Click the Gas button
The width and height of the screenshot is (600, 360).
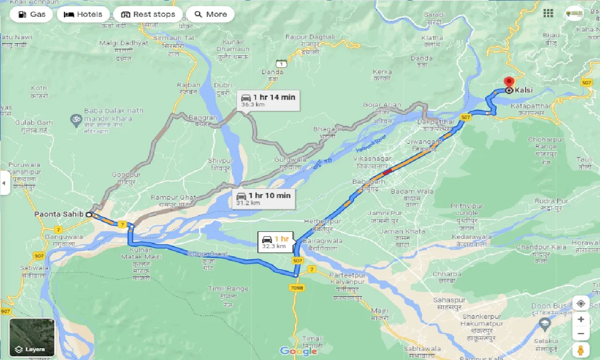(32, 14)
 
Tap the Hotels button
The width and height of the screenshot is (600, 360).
(84, 14)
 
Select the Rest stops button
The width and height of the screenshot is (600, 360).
(148, 14)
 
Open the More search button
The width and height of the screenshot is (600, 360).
(210, 14)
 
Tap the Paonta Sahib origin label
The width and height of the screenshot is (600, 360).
(58, 214)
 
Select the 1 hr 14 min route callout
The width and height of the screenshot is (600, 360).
(268, 101)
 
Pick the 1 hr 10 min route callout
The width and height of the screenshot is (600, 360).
(264, 199)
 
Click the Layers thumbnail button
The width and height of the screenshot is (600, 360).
(32, 337)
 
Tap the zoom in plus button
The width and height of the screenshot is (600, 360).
(580, 319)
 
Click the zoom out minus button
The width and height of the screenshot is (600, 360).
(580, 334)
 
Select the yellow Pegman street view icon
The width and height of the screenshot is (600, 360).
(580, 350)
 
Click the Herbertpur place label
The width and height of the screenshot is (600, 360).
(322, 221)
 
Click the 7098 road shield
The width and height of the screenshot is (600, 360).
(297, 288)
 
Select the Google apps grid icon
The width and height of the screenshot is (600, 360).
(548, 13)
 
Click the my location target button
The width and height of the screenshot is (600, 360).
(580, 303)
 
